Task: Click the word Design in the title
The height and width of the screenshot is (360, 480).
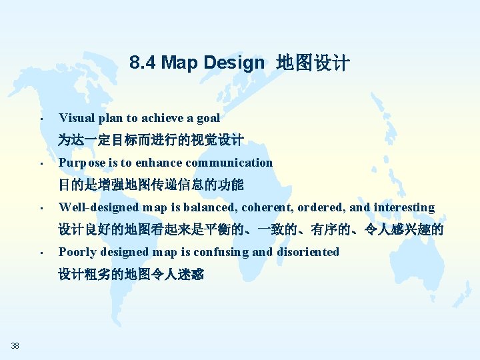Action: tap(234, 63)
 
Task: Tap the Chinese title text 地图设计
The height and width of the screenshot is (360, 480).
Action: tap(313, 63)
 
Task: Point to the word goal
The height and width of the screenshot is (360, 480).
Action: tap(207, 118)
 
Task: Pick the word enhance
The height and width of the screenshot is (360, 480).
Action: tap(159, 163)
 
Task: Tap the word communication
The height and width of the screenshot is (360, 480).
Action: tap(229, 163)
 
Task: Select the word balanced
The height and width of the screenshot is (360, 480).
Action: tap(205, 207)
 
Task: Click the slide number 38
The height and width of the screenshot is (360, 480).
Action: tap(15, 345)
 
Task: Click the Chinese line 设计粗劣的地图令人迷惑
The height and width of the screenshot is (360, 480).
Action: tap(131, 274)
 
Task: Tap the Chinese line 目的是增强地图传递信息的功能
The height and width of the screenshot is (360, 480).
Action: tap(151, 185)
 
